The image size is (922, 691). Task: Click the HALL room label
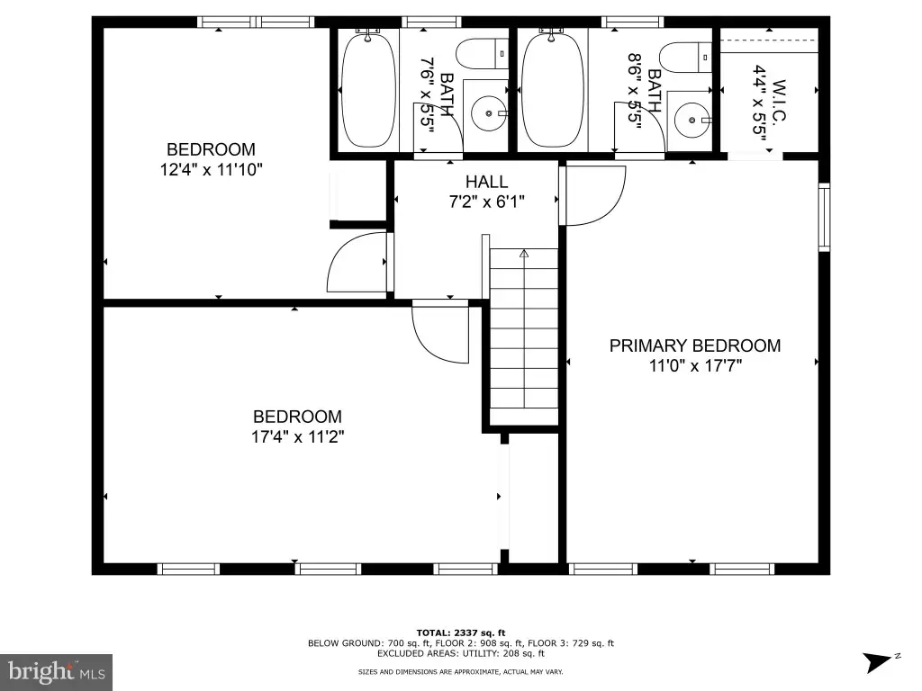486,182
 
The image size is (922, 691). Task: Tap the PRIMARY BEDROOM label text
695,345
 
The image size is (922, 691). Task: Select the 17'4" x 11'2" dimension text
297,437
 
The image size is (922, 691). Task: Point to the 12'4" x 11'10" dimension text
211,170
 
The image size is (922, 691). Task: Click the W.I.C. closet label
777,101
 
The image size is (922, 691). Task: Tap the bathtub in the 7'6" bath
368,91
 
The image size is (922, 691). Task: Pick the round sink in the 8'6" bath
692,120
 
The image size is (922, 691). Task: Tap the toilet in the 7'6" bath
483,53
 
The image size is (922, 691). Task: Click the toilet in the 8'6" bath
685,57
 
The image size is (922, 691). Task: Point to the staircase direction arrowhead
524,253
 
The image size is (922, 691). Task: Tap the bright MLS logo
56,672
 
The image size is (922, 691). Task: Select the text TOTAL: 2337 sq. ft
461,633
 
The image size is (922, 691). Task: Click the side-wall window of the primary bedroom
825,217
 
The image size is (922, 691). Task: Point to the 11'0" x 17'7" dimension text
695,366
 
